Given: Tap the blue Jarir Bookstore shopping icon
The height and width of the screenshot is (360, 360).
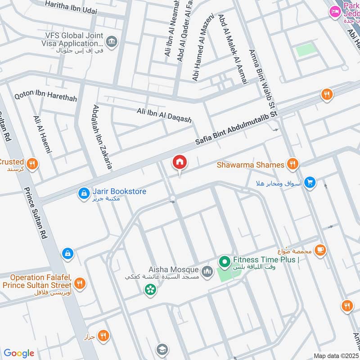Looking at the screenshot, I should point(84,193).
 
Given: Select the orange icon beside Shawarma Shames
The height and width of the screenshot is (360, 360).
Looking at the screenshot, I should point(293,165).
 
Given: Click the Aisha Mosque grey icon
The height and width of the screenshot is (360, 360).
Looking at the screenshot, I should point(207,271).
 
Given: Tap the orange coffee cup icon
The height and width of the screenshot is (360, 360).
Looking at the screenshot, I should point(320,250).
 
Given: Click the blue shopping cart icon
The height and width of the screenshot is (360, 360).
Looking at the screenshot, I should point(310,183).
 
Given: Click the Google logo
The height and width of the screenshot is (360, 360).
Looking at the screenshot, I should point(19,353).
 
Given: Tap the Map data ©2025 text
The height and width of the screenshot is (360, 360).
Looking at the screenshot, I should point(335,355).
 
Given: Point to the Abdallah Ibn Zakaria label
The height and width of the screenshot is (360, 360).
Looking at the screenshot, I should point(102,136).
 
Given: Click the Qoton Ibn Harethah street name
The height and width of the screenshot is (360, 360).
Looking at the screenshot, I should point(45,97).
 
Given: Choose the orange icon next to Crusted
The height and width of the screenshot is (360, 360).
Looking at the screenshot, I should point(31,164).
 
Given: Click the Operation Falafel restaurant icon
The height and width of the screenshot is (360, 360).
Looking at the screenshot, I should point(80,283).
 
